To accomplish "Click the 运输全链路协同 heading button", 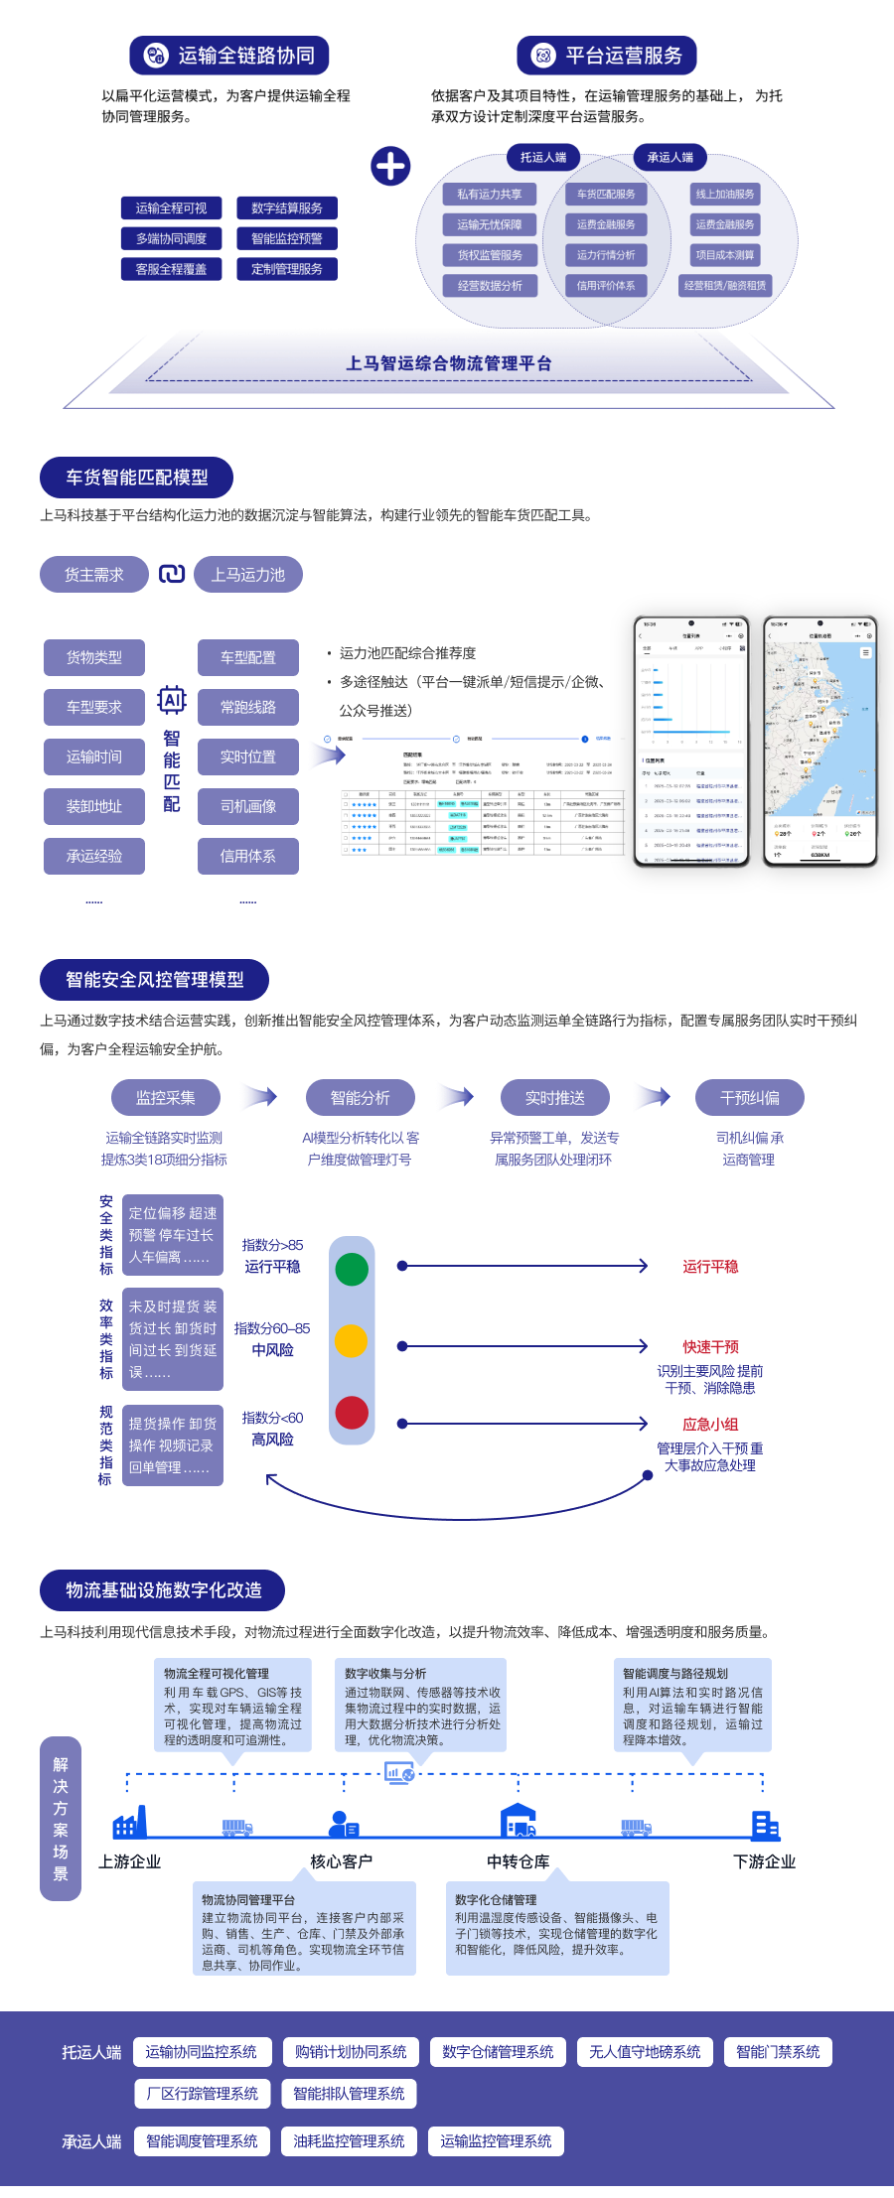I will click(x=229, y=56).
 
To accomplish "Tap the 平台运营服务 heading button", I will click(x=607, y=56).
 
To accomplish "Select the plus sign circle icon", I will click(x=390, y=166).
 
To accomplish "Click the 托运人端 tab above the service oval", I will click(x=543, y=157).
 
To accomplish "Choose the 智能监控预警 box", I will click(x=287, y=238).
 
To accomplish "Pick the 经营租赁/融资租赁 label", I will click(x=725, y=286).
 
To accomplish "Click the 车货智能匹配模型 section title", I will click(x=137, y=478).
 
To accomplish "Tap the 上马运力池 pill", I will click(x=247, y=575).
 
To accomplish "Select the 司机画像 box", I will click(x=248, y=806).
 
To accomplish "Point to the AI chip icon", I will click(x=172, y=700).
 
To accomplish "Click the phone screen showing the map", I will click(x=820, y=742).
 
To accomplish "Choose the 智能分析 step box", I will click(x=360, y=1098).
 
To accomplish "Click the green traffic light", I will click(x=352, y=1269).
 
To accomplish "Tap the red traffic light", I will click(x=352, y=1412).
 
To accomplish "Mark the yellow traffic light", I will click(x=352, y=1340).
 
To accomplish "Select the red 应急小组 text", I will click(x=710, y=1424).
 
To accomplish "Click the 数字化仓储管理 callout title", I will click(x=496, y=1900).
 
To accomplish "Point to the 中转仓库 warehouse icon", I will click(x=519, y=1821).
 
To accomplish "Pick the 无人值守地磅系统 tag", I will click(x=645, y=2052).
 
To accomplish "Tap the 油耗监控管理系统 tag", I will click(x=349, y=2141).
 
